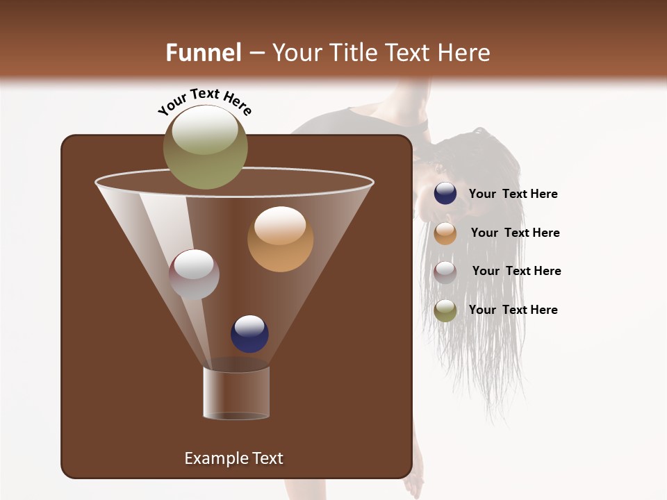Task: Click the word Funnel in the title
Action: (x=203, y=53)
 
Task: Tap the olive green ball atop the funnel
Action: (x=205, y=147)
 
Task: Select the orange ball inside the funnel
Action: (x=280, y=239)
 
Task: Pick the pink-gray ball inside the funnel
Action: (x=194, y=274)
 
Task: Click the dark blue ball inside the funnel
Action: (x=249, y=333)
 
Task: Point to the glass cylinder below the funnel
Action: (x=236, y=393)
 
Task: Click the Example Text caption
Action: (x=233, y=458)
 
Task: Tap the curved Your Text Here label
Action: (x=204, y=101)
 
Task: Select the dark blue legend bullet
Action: (x=445, y=194)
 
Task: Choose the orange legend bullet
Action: (x=445, y=233)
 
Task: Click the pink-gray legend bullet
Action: (x=445, y=272)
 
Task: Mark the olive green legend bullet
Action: (x=445, y=310)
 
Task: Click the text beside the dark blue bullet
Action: (x=513, y=194)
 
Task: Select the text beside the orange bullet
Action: (x=515, y=233)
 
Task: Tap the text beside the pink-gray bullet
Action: (x=516, y=272)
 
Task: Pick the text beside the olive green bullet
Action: (x=513, y=310)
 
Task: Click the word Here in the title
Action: (x=465, y=53)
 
